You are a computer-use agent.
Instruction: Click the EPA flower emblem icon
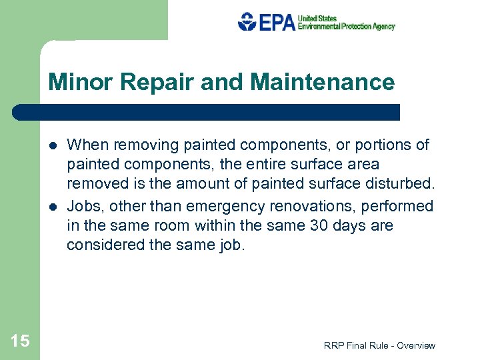[247, 21]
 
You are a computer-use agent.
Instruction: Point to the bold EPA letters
[276, 22]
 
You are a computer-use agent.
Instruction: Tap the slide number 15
[20, 341]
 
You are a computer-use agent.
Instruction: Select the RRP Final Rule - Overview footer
[379, 345]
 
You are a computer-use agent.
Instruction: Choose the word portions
[379, 145]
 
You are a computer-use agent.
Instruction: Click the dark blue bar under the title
[207, 112]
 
